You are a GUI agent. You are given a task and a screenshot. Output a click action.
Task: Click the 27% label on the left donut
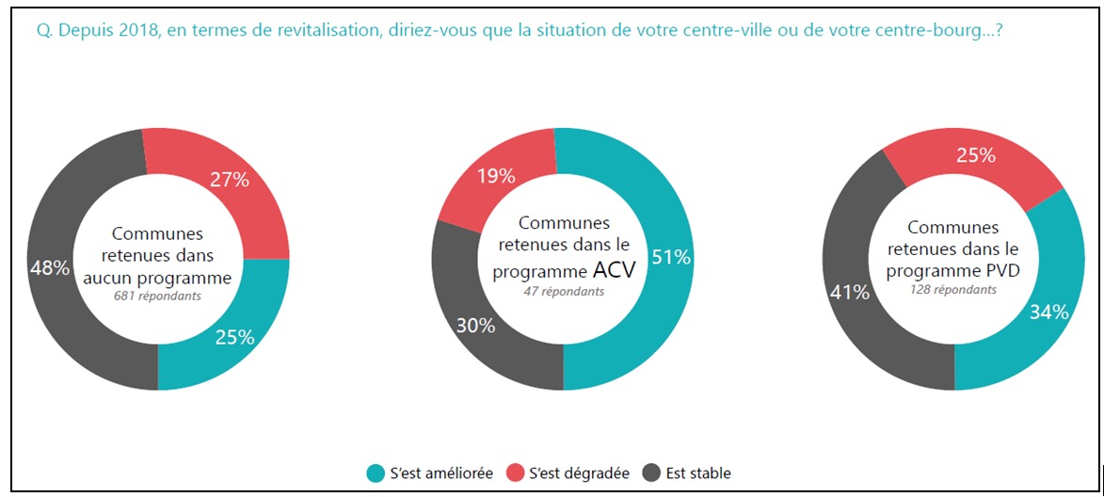pos(229,179)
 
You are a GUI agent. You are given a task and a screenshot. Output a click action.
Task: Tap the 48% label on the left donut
pos(50,267)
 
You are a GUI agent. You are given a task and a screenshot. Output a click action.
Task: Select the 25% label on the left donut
pos(234,337)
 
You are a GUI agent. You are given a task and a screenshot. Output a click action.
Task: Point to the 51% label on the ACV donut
pos(672,258)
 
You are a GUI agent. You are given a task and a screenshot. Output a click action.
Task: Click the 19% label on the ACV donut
pos(495,175)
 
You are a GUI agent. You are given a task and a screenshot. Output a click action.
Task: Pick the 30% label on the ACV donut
pos(474,326)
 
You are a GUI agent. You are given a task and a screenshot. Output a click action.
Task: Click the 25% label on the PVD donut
pos(976,155)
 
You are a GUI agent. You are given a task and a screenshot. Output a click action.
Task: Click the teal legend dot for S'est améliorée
pos(375,473)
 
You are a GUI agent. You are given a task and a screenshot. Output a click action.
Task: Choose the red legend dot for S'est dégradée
pos(514,473)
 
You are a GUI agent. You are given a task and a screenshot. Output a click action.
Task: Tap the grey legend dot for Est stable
pos(651,473)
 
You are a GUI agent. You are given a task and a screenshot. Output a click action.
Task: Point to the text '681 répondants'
pos(157,296)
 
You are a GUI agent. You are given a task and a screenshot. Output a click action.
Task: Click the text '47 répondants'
pos(564,292)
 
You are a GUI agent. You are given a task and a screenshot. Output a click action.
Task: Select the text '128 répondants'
pos(952,290)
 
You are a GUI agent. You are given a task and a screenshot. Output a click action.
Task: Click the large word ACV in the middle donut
pos(614,271)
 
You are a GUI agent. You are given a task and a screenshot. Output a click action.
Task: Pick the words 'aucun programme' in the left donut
pos(157,278)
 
